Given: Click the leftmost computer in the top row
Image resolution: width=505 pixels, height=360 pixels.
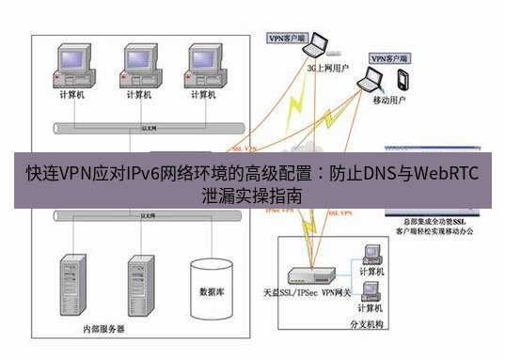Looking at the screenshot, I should click(x=71, y=64).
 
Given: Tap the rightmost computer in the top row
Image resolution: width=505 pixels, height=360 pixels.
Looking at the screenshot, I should click(x=204, y=64).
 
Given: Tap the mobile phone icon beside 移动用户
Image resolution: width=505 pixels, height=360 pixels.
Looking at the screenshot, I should click(x=403, y=78).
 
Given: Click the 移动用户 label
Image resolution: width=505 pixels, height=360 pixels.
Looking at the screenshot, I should click(x=391, y=99).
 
